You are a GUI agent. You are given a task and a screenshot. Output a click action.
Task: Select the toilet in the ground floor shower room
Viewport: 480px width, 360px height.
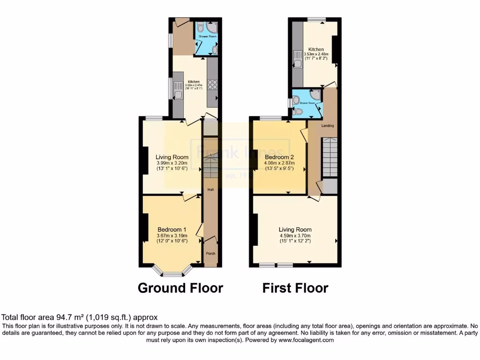pos(200,28)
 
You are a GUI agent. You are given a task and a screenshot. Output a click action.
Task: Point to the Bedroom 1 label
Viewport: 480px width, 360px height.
pos(172,230)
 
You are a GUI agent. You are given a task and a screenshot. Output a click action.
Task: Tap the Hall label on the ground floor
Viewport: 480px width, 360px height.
pos(211,190)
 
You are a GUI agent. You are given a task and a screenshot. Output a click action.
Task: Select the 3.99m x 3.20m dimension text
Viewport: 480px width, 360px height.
pos(172,163)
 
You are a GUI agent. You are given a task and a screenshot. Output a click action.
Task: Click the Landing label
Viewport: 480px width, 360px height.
pos(328,126)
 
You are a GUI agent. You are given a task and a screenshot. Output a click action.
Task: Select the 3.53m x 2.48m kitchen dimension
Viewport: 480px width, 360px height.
pos(315,54)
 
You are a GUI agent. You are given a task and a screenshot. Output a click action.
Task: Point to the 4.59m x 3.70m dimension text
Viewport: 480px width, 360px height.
pos(295,236)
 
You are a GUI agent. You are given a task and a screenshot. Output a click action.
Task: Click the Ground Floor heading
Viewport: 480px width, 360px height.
pos(180,288)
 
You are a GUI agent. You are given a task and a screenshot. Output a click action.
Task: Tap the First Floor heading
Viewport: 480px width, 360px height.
pos(295,288)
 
